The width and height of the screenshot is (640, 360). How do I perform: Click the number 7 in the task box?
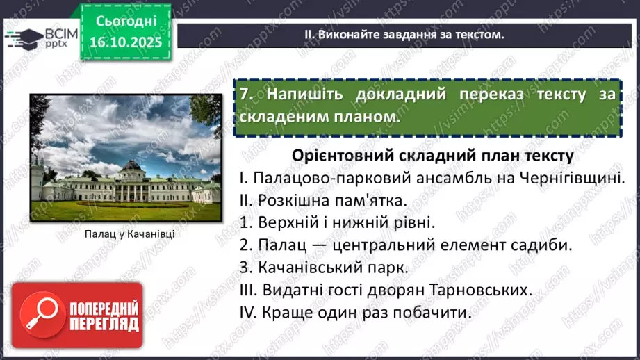244,95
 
